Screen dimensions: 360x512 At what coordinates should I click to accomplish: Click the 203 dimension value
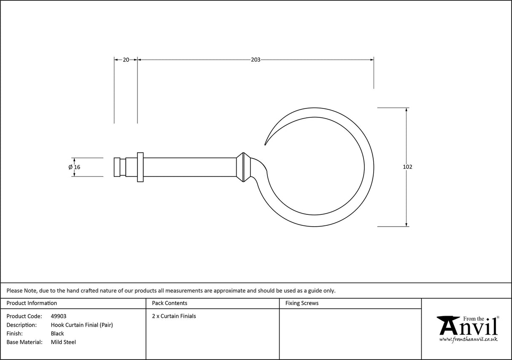pyautogui.click(x=256, y=60)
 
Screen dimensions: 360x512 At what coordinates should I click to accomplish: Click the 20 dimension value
pyautogui.click(x=126, y=60)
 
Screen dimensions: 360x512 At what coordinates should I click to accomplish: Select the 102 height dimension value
pyautogui.click(x=407, y=167)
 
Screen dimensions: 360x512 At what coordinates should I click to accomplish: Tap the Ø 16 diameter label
pyautogui.click(x=74, y=167)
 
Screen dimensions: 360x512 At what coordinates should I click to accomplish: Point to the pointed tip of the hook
pyautogui.click(x=265, y=144)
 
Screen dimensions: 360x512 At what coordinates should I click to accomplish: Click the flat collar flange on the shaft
pyautogui.click(x=140, y=167)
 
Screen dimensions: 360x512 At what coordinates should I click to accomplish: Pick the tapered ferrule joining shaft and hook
pyautogui.click(x=241, y=167)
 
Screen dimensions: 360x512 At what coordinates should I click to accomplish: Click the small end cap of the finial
pyautogui.click(x=117, y=167)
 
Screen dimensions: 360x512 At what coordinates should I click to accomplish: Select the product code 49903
pyautogui.click(x=58, y=316)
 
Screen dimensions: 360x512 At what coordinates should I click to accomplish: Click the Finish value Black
pyautogui.click(x=57, y=333)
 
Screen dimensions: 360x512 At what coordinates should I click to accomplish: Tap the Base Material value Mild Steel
pyautogui.click(x=63, y=342)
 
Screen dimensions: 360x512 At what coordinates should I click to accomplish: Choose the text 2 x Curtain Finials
pyautogui.click(x=174, y=316)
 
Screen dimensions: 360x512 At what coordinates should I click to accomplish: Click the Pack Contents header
pyautogui.click(x=170, y=303)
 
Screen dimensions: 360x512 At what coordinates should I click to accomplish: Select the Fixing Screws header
pyautogui.click(x=302, y=303)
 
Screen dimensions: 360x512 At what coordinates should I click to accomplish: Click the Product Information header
pyautogui.click(x=32, y=303)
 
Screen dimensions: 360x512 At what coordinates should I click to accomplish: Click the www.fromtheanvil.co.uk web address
pyautogui.click(x=468, y=339)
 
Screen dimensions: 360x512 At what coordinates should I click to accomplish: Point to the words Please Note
pyautogui.click(x=21, y=290)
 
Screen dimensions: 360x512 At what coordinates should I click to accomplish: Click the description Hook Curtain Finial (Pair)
pyautogui.click(x=82, y=325)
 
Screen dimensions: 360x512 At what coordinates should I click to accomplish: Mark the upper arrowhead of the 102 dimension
pyautogui.click(x=406, y=110)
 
